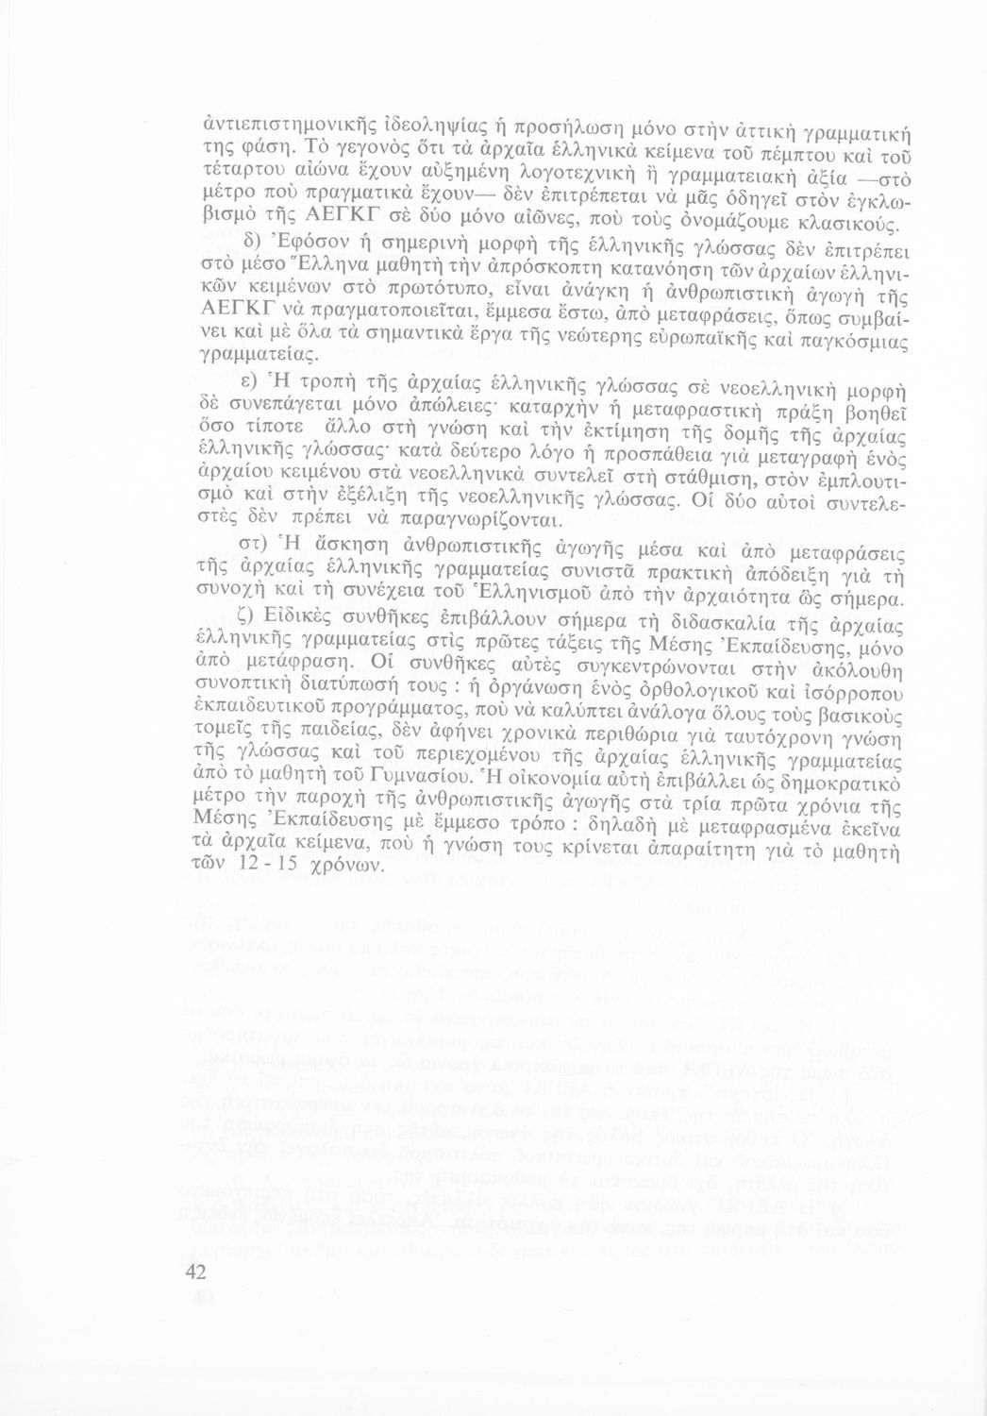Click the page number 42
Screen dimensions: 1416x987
(195, 1273)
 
